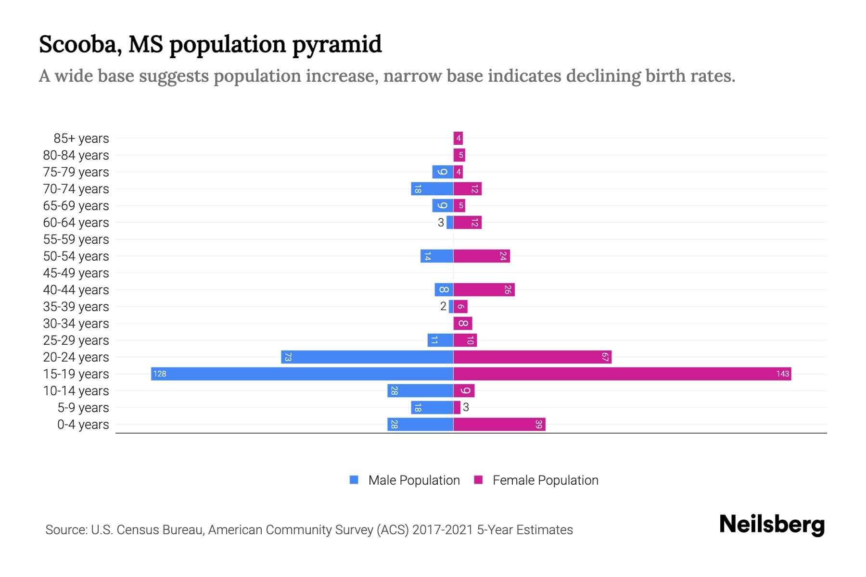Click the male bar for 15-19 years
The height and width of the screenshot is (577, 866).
[302, 374]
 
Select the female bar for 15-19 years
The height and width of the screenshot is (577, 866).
[622, 374]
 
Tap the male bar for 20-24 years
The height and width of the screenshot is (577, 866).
[367, 357]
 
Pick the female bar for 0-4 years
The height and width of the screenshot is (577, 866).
[499, 425]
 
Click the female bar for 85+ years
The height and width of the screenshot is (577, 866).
[458, 138]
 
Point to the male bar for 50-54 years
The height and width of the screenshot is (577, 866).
[437, 256]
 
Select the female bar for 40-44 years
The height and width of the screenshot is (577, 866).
[484, 290]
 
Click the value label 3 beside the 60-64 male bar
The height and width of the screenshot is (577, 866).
[441, 223]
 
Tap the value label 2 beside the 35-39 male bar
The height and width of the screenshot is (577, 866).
[443, 307]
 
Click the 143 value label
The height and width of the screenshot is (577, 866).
[782, 374]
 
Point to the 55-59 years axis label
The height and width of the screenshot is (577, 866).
[76, 239]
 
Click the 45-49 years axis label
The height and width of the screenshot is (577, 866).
[76, 273]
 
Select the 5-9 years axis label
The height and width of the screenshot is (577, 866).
[83, 408]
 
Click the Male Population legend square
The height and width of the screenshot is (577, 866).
[354, 480]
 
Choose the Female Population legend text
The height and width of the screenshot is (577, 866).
[545, 480]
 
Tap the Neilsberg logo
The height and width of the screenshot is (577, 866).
[772, 525]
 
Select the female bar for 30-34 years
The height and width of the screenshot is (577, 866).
[463, 324]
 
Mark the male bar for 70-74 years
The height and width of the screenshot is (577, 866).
[432, 189]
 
